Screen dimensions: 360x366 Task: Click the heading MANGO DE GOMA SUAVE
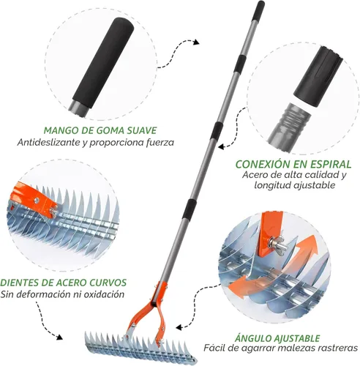coord(100,130)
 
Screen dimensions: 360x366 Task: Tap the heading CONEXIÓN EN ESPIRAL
coord(293,164)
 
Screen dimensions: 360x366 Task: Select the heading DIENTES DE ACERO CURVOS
coord(64,283)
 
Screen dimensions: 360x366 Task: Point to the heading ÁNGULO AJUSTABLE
coord(277,338)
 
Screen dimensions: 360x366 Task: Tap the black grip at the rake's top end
coord(258,10)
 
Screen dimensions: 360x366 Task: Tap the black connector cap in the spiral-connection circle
coord(319,76)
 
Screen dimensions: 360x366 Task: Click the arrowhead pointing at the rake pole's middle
coord(221,146)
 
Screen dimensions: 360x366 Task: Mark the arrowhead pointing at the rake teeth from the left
coord(59,337)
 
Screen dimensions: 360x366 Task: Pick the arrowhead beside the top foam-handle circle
coord(196,42)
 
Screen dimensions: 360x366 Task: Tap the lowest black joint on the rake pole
coord(190,209)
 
